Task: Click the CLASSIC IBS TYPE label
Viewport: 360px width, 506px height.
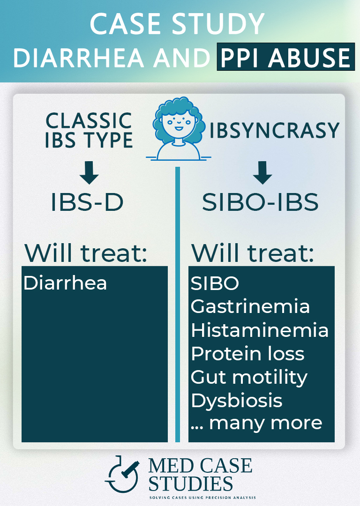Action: [89, 130]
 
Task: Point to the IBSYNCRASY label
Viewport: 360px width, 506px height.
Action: [274, 131]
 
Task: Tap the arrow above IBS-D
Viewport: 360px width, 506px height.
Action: [89, 174]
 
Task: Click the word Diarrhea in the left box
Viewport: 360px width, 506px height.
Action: [65, 283]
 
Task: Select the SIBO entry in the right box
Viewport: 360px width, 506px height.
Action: [215, 283]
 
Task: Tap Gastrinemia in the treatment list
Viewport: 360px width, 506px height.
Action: [250, 306]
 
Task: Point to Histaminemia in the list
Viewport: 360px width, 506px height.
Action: [260, 330]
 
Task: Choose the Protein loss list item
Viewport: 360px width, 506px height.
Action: [247, 353]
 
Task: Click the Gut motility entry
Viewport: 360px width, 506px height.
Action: [249, 377]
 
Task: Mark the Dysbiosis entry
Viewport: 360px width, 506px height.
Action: [237, 401]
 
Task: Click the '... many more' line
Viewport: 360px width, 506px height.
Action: [257, 423]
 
